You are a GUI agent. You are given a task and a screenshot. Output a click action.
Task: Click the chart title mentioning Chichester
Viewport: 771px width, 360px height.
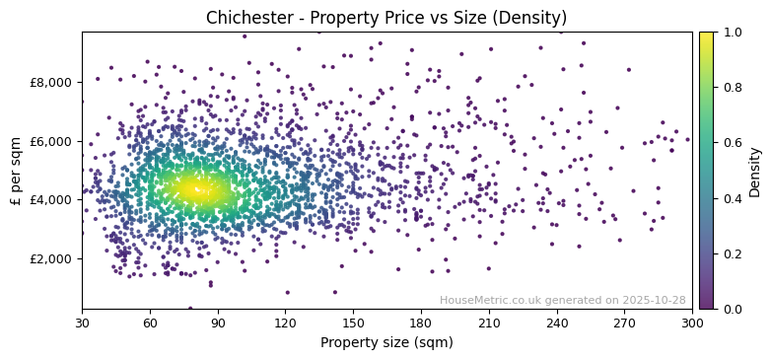click(x=385, y=18)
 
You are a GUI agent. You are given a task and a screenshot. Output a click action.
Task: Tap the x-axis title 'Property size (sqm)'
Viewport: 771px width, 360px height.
click(x=386, y=343)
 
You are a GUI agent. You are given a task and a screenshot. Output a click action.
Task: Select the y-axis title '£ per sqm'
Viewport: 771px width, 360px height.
click(x=16, y=171)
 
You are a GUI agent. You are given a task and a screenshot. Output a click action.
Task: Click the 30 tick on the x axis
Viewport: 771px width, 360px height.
click(x=82, y=323)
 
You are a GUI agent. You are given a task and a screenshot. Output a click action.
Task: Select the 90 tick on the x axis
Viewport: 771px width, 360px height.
click(x=218, y=323)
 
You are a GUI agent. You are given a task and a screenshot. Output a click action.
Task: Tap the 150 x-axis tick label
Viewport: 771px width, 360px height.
click(x=353, y=323)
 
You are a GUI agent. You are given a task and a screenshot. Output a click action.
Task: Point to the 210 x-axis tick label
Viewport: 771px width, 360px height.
click(x=489, y=323)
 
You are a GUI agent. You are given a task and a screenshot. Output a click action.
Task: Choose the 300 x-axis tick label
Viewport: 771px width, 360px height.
click(x=692, y=323)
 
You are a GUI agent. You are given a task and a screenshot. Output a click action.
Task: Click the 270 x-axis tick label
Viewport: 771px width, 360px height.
click(x=625, y=323)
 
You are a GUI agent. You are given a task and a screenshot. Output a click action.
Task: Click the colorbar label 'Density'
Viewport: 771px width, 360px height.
click(x=755, y=171)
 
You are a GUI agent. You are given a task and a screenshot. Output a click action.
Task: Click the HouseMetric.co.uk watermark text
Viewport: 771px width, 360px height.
click(x=562, y=300)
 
